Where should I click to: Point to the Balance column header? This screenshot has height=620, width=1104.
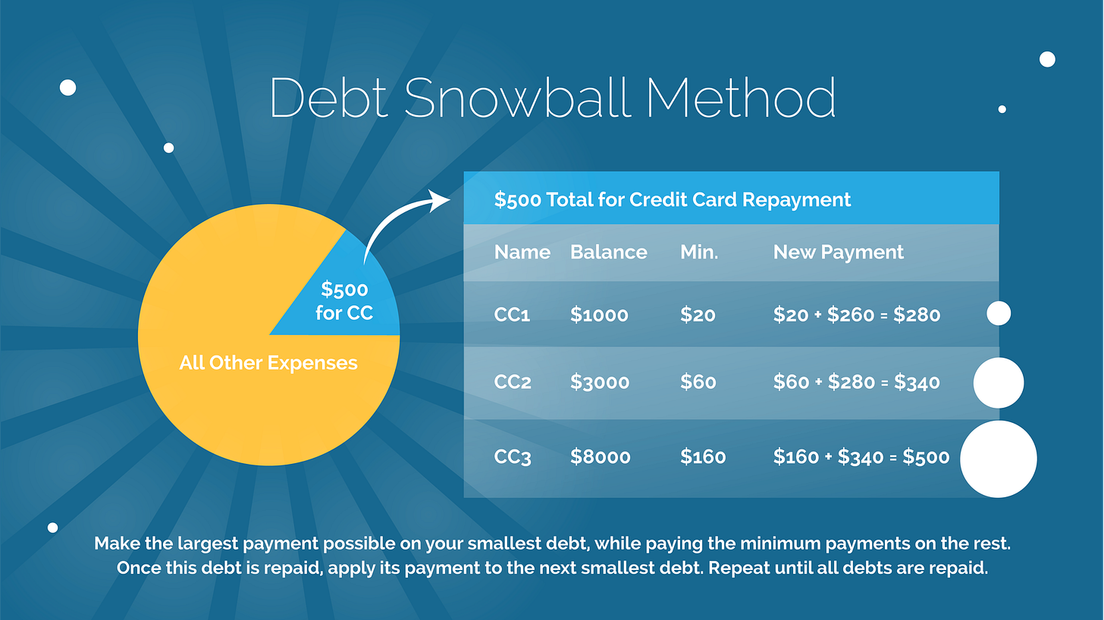tap(608, 252)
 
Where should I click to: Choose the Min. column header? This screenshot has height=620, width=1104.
tap(698, 252)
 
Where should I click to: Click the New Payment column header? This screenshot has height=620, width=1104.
tap(838, 252)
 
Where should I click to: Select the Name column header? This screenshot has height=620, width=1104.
tap(522, 252)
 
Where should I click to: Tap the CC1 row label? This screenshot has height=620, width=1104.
tap(512, 315)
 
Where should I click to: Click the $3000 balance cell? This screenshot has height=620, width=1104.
tap(599, 383)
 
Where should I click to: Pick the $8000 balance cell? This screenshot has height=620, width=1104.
tap(599, 457)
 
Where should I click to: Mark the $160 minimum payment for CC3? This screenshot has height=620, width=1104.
tap(702, 457)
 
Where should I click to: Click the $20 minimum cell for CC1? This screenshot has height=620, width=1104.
tap(698, 315)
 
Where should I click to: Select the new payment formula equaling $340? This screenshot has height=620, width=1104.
tap(856, 383)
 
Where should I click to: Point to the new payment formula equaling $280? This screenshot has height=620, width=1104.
tap(856, 315)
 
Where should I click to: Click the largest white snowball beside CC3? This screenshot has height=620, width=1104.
tap(998, 459)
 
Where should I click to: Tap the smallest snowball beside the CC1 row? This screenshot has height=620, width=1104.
tap(998, 313)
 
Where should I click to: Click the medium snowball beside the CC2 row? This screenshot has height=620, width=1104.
tap(998, 383)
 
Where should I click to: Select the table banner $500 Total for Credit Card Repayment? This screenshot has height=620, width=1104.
tap(672, 200)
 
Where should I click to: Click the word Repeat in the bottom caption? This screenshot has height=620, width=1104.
tap(740, 568)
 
